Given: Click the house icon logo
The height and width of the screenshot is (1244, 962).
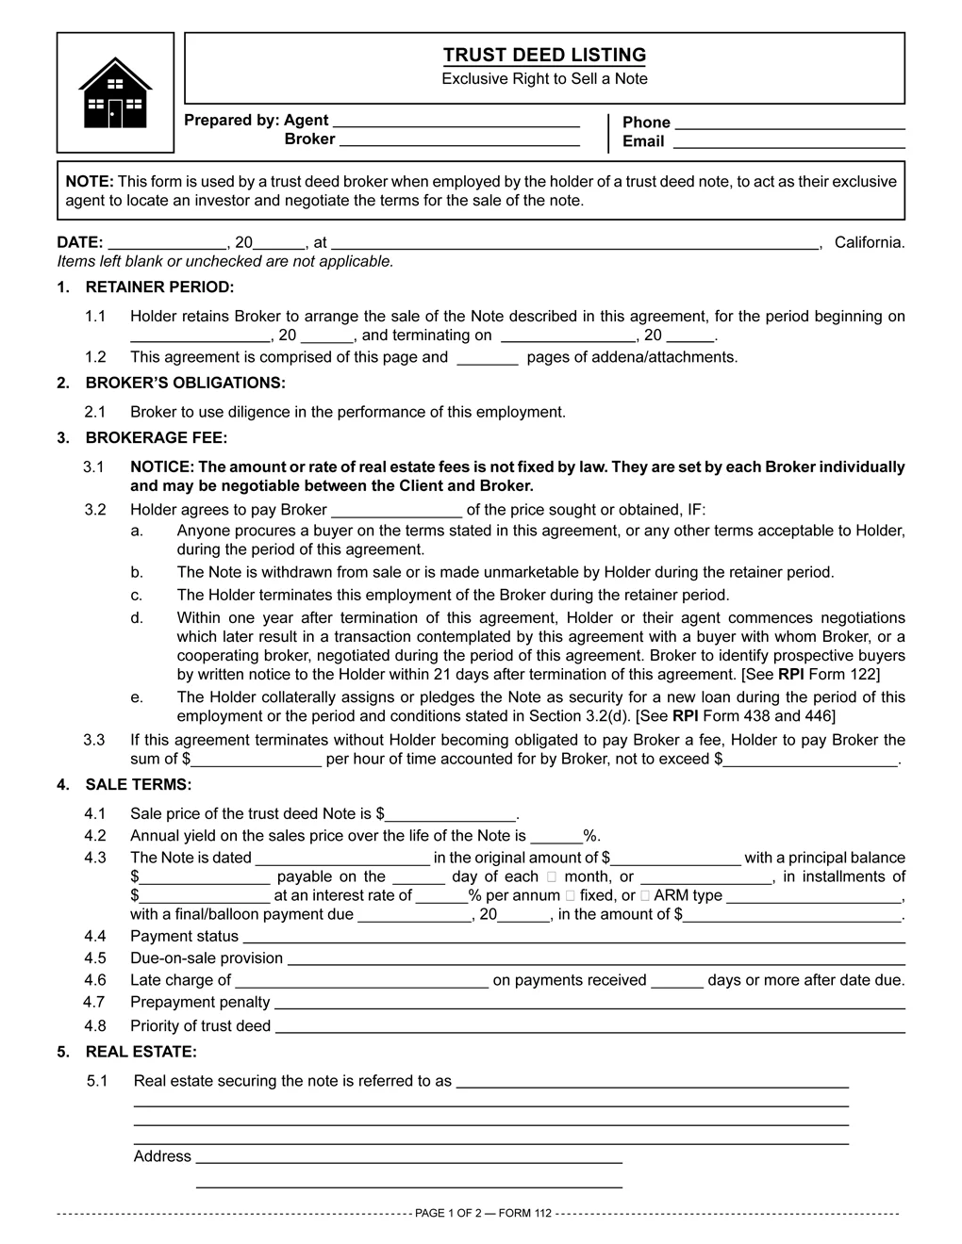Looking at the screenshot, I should [115, 92].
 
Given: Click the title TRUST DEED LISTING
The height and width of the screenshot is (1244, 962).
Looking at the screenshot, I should [544, 55].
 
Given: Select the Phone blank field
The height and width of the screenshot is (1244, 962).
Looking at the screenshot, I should [790, 123].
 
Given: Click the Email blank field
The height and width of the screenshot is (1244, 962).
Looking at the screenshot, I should [788, 143].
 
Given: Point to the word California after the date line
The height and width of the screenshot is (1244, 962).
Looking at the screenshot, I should [870, 242].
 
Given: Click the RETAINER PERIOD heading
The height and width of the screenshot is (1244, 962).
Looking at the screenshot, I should [159, 286].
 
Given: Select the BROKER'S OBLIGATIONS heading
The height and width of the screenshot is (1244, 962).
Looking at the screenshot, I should [185, 383].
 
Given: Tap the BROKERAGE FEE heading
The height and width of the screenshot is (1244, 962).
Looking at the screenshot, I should [157, 437].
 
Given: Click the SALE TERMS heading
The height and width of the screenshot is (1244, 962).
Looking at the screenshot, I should [139, 784].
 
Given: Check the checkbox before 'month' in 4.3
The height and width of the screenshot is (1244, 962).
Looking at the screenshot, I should [551, 876].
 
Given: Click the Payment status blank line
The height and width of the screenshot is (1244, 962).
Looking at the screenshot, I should [573, 938].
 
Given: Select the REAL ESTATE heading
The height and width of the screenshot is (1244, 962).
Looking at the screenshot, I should [141, 1052].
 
